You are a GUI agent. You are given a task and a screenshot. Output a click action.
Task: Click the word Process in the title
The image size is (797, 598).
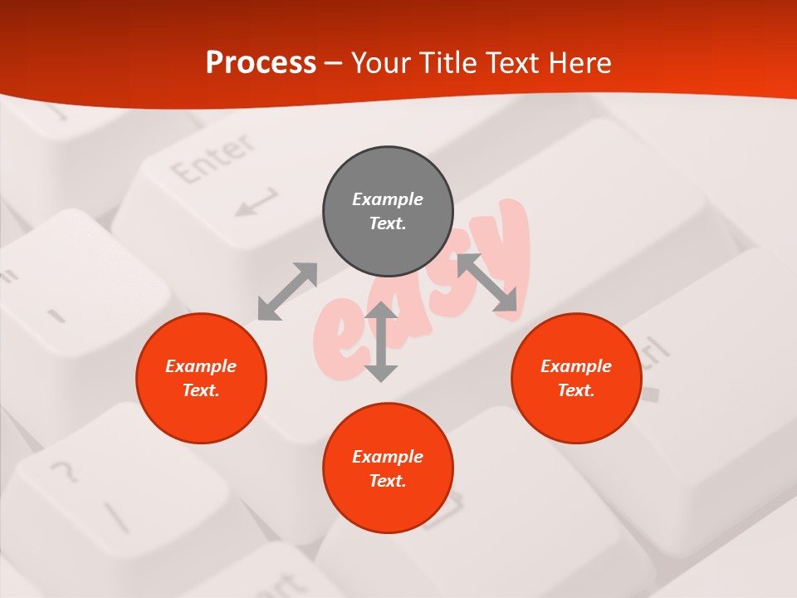click(x=261, y=62)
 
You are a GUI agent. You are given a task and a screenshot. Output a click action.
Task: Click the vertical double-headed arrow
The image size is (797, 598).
click(x=381, y=341)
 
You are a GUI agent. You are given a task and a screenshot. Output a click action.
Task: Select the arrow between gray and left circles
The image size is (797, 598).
click(x=287, y=292)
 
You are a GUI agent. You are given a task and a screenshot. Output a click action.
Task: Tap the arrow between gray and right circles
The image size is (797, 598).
click(x=487, y=282)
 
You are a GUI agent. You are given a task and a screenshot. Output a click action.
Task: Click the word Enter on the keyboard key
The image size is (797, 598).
click(x=213, y=161)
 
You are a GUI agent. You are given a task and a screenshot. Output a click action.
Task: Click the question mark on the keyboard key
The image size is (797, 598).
click(x=62, y=473)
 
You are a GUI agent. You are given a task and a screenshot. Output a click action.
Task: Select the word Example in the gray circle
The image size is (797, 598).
click(x=388, y=199)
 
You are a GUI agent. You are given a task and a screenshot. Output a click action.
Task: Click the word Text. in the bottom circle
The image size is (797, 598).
click(x=388, y=481)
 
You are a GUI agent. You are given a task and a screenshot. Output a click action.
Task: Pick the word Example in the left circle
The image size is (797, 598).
click(x=201, y=366)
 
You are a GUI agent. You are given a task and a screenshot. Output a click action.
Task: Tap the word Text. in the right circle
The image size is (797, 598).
click(x=576, y=390)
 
